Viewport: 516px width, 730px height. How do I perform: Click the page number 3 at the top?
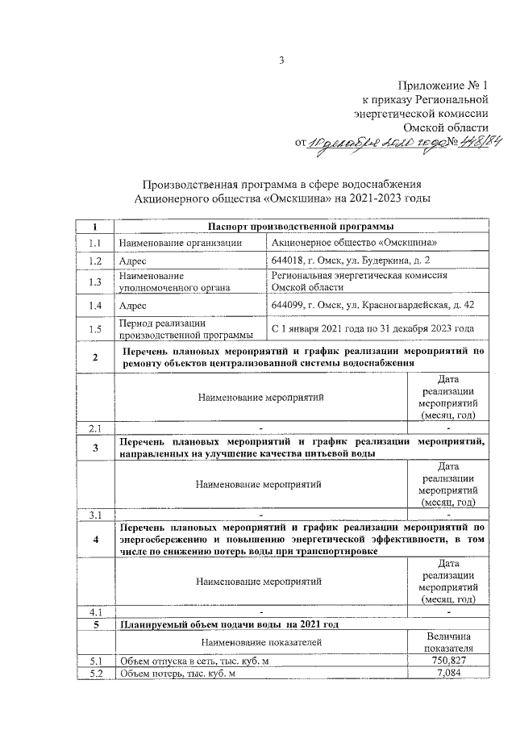(282, 60)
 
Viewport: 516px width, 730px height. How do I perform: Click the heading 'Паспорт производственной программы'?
(301, 227)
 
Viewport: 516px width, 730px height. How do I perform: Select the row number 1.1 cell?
(95, 243)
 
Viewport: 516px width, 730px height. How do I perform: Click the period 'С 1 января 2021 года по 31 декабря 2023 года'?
(372, 328)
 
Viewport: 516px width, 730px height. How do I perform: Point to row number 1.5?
(95, 328)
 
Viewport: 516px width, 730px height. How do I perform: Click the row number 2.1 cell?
(95, 427)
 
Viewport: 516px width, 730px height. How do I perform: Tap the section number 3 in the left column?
(95, 448)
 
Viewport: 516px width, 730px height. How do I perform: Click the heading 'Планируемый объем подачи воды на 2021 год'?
(228, 624)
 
